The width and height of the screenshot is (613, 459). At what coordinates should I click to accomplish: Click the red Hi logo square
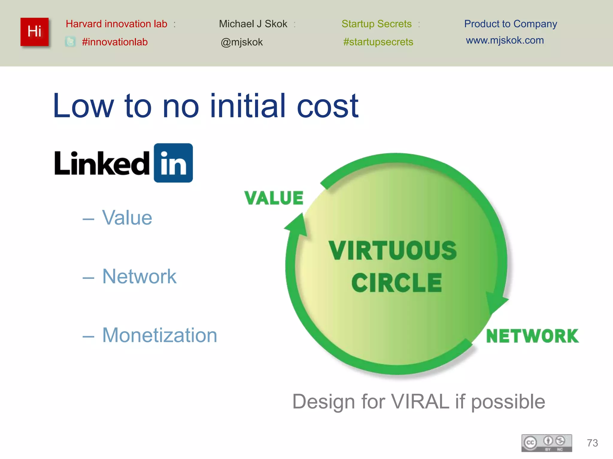tap(34, 32)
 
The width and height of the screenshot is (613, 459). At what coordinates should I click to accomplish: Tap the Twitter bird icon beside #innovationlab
tap(70, 42)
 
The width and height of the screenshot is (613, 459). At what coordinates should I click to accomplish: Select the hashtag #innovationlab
tap(115, 42)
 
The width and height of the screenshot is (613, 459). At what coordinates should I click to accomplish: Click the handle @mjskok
tap(242, 42)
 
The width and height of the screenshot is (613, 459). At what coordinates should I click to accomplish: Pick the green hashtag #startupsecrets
tap(378, 42)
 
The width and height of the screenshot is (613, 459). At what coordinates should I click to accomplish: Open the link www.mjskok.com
tap(505, 40)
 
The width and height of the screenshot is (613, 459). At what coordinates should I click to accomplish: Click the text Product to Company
tap(510, 24)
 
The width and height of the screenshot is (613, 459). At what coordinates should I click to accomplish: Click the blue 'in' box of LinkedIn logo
tap(173, 163)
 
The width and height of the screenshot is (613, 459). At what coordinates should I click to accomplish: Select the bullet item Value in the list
tap(127, 218)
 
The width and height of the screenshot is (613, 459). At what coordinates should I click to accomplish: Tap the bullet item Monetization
tap(160, 335)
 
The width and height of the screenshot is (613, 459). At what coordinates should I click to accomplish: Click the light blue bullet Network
tap(139, 276)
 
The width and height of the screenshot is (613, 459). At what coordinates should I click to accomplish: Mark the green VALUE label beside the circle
tap(274, 198)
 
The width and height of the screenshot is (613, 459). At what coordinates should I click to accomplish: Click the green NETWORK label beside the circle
tap(532, 336)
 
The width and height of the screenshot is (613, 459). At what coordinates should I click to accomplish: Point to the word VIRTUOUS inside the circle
tap(392, 250)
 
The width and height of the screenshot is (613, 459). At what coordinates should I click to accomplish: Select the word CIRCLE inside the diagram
tap(397, 283)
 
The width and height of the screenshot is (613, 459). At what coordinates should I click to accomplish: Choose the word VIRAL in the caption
tap(420, 401)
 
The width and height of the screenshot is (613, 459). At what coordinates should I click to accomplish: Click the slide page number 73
tap(592, 443)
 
